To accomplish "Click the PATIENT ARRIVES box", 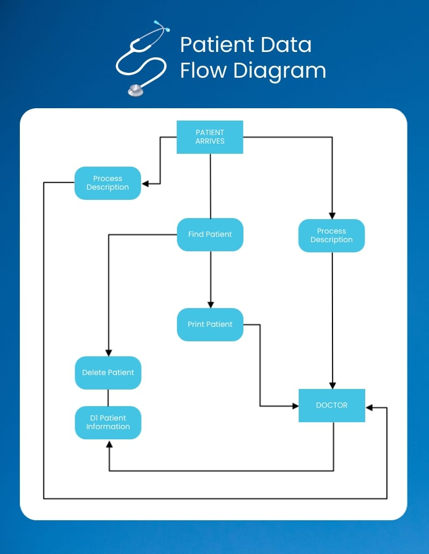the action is [210, 137].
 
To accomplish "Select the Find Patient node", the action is [210, 235].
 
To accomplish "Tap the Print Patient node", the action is [210, 324].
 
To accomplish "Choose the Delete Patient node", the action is [108, 373].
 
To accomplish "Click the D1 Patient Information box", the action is [108, 423].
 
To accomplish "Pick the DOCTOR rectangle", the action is [332, 405].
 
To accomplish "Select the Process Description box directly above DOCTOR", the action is [331, 236].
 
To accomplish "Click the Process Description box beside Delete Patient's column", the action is [107, 183].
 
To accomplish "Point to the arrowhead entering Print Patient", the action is [210, 305].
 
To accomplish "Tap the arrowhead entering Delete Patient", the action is [108, 353].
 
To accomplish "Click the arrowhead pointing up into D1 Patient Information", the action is [109, 444].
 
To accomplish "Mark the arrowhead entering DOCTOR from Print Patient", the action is [295, 406].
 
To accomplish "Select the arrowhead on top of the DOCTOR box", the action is [332, 385].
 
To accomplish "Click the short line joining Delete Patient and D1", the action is [108, 398].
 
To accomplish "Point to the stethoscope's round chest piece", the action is [136, 90].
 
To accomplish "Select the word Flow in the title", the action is [203, 70].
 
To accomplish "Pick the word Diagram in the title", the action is [279, 72].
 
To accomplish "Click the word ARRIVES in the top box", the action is [210, 141].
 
